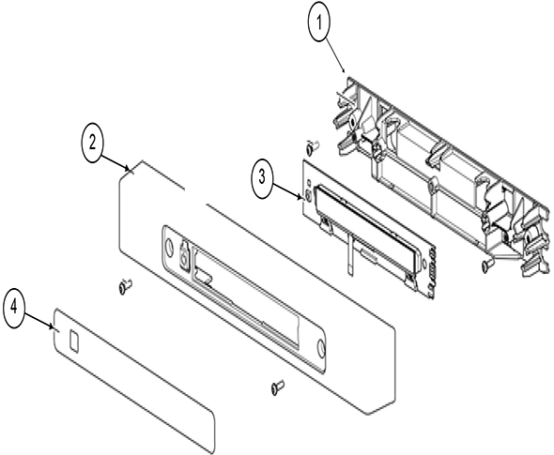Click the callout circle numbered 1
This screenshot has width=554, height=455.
[319, 24]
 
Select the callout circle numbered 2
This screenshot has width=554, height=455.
[92, 144]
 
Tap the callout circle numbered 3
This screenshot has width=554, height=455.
[261, 177]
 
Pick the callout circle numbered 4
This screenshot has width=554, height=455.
[14, 308]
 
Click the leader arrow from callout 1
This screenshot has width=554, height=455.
[335, 54]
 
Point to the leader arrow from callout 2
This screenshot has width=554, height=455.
[115, 163]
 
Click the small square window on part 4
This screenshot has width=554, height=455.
[74, 341]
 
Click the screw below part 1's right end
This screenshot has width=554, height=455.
[485, 265]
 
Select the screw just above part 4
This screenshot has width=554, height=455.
[124, 286]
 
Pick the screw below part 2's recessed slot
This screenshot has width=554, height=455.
[278, 387]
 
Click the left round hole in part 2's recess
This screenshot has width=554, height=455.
[168, 246]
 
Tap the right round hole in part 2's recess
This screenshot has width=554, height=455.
[321, 346]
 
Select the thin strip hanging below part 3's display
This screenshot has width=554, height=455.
[349, 255]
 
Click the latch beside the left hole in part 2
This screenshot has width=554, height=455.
[184, 253]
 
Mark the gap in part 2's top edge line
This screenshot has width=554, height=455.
[195, 196]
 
